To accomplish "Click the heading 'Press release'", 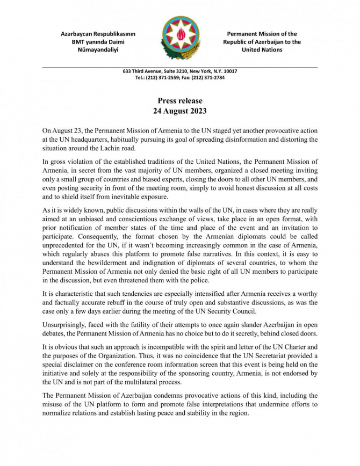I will click(180, 101).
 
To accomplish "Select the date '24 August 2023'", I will click(180, 112).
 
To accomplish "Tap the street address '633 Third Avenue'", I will click(141, 71).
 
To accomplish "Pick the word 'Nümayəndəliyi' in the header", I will click(98, 50).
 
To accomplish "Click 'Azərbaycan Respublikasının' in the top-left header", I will click(98, 34).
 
